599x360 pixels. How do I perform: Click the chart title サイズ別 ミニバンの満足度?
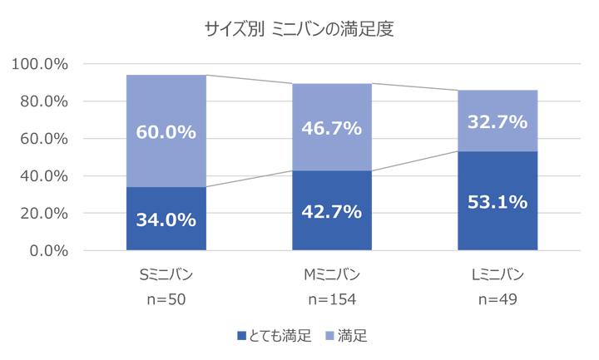pyautogui.click(x=299, y=29)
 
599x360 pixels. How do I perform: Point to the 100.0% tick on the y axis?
pyautogui.click(x=39, y=63)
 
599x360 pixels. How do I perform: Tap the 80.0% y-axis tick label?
pyautogui.click(x=42, y=101)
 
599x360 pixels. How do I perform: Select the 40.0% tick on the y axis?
pyautogui.click(x=42, y=175)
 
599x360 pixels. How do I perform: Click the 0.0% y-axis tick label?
pyautogui.click(x=46, y=250)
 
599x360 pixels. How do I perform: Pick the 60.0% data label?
pyautogui.click(x=166, y=131)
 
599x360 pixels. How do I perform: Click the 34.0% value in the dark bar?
pyautogui.click(x=166, y=219)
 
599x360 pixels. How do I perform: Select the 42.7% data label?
pyautogui.click(x=332, y=211)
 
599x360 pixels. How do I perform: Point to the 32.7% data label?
pyautogui.click(x=498, y=121)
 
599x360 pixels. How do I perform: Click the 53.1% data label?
pyautogui.click(x=498, y=201)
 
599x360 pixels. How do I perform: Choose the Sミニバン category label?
pyautogui.click(x=166, y=275)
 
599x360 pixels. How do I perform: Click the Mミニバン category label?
pyautogui.click(x=331, y=275)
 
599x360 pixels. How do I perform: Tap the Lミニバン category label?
pyautogui.click(x=498, y=275)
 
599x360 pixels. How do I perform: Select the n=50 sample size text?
pyautogui.click(x=166, y=299)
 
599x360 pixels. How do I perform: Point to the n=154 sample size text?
pyautogui.click(x=331, y=299)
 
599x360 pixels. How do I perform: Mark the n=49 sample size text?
pyautogui.click(x=498, y=299)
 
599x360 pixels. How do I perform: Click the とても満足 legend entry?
pyautogui.click(x=280, y=336)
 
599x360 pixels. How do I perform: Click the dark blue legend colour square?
pyautogui.click(x=241, y=336)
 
